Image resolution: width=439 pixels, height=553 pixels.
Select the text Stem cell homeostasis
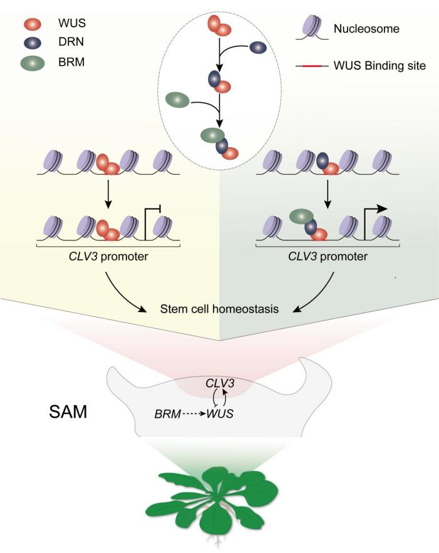pos(219,309)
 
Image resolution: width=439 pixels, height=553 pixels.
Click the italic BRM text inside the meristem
pos(167,414)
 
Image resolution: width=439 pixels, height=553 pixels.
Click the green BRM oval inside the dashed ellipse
pos(177,99)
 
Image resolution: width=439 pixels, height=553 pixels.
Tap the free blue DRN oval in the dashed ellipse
pos(258,47)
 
